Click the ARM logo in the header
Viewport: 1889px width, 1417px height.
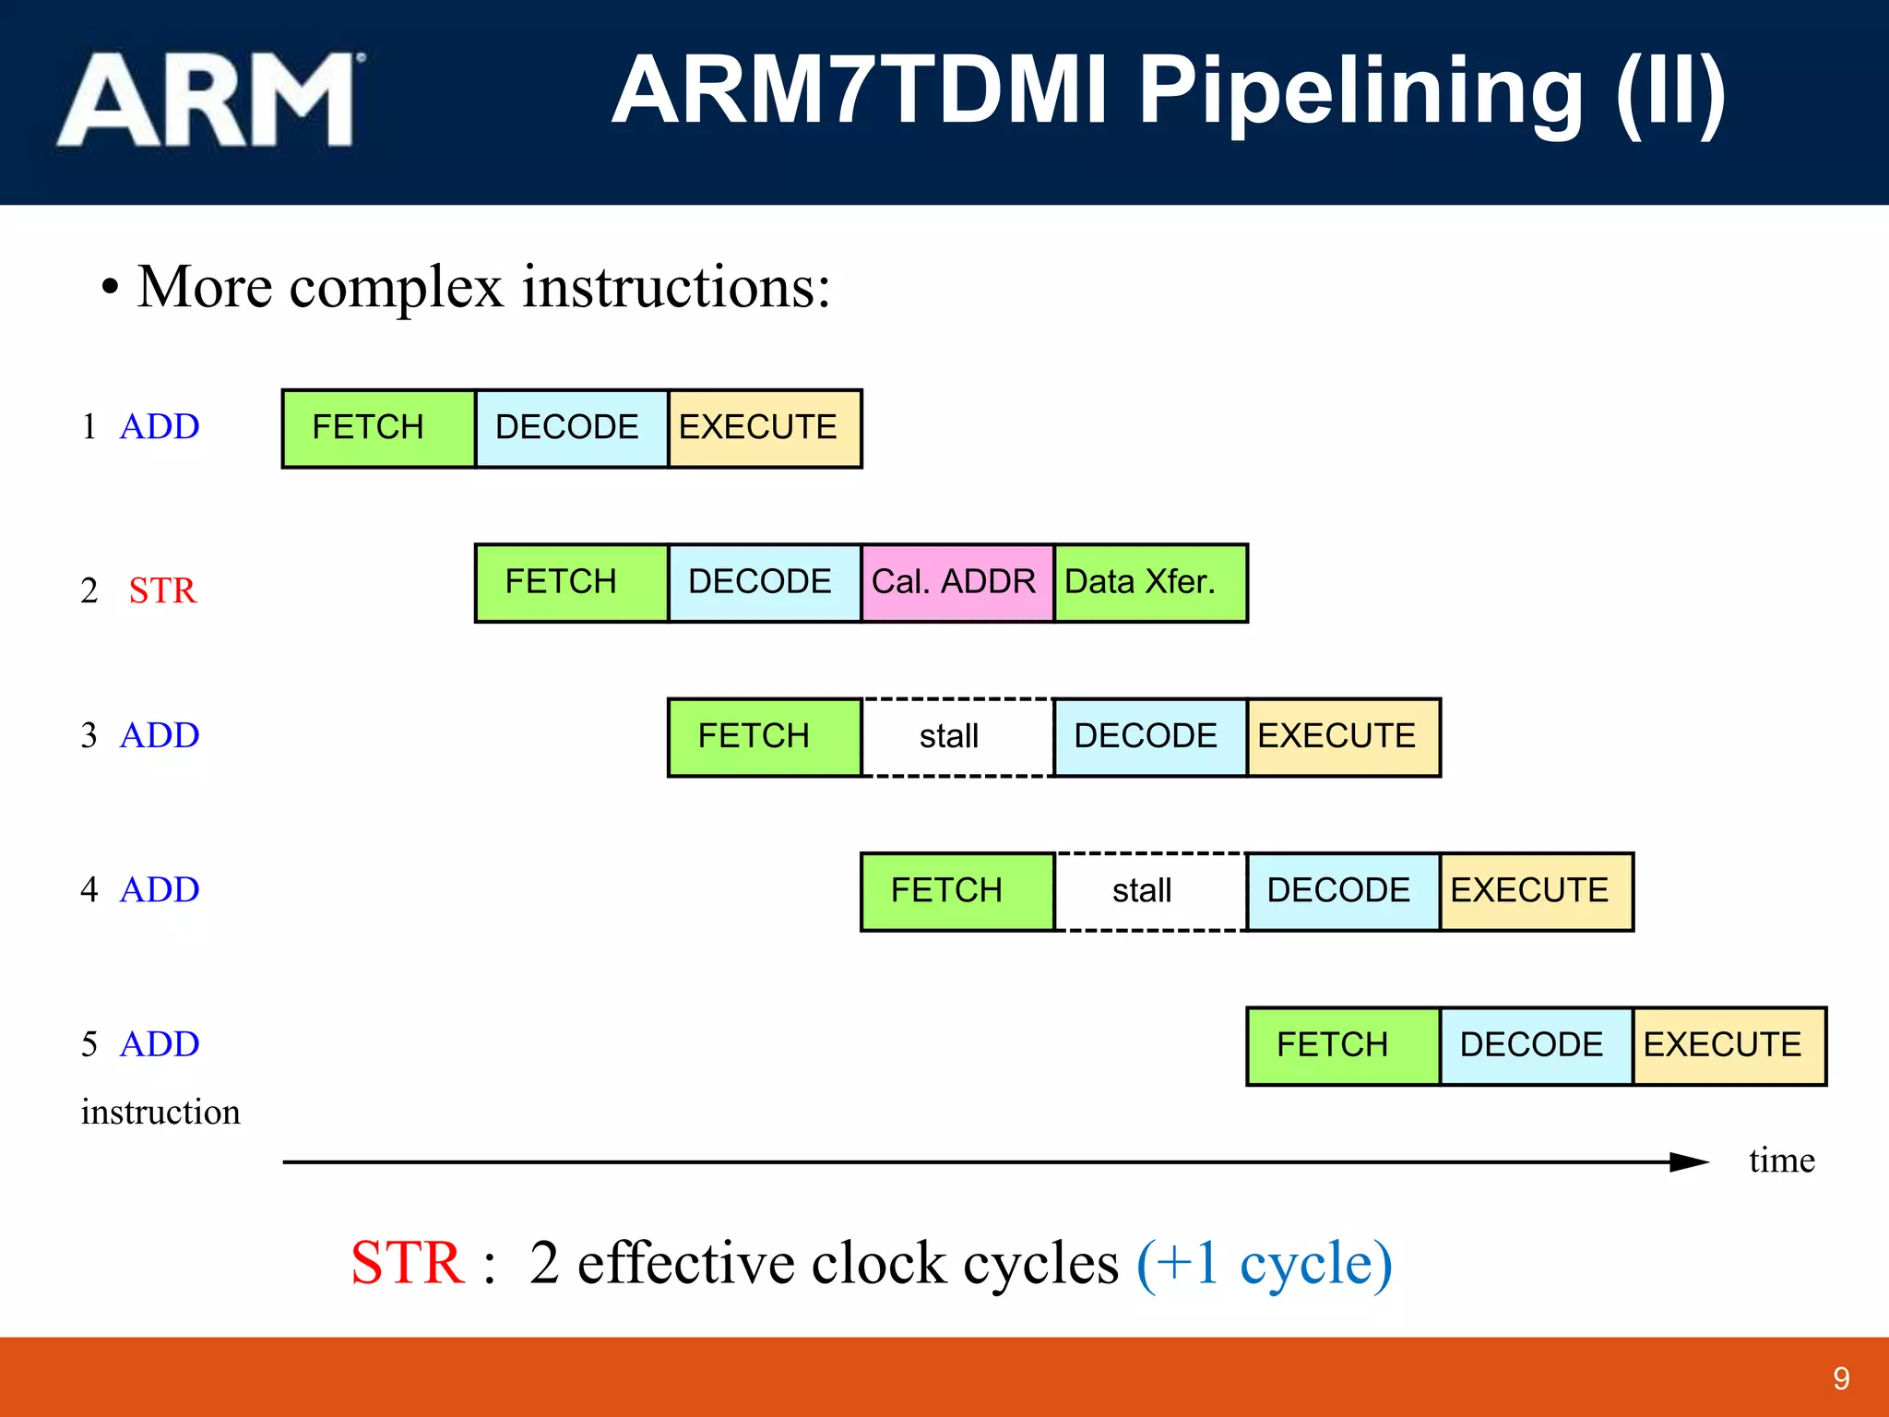coord(210,100)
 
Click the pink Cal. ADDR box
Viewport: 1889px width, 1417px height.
coord(956,583)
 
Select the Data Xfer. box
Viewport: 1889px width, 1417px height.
coord(1149,583)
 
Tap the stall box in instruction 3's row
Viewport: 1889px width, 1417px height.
coord(956,737)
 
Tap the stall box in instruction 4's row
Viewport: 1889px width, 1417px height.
coord(1149,891)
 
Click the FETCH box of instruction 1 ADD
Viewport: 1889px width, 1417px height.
coord(378,428)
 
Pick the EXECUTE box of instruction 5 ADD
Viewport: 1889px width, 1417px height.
coord(1729,1045)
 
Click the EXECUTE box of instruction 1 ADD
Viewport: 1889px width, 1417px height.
coord(764,428)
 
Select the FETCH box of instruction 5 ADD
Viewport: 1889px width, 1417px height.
coord(1342,1045)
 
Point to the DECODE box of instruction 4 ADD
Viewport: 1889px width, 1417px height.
coord(1342,891)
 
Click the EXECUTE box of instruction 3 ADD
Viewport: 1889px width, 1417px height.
coord(1342,737)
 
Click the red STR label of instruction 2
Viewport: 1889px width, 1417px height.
coord(162,590)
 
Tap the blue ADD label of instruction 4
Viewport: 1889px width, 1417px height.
coord(160,890)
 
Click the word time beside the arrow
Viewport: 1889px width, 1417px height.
coord(1781,1161)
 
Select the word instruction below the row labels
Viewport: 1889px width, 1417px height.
coord(160,1113)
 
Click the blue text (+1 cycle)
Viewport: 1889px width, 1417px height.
coord(1264,1263)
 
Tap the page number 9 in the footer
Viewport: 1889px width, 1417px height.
coord(1841,1378)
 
